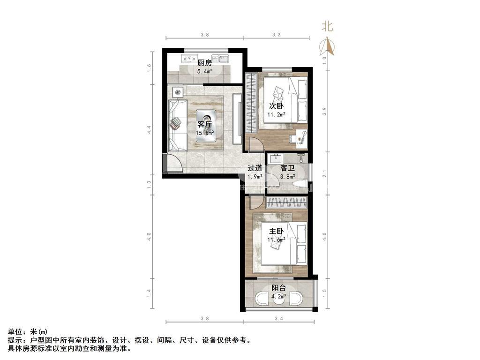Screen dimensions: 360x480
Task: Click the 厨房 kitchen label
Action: pyautogui.click(x=204, y=63)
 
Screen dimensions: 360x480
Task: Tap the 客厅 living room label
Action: pyautogui.click(x=204, y=124)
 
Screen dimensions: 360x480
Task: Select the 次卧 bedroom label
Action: pyautogui.click(x=276, y=106)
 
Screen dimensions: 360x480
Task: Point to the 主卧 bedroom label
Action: pyautogui.click(x=276, y=232)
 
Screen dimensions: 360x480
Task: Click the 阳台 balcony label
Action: pyautogui.click(x=279, y=288)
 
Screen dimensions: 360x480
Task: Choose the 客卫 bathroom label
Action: pyautogui.click(x=287, y=168)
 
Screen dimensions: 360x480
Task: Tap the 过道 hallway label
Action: pyautogui.click(x=255, y=168)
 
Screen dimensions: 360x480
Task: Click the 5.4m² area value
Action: pyautogui.click(x=204, y=71)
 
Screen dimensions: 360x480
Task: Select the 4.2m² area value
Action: pyautogui.click(x=279, y=296)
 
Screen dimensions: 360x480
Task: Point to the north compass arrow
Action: pyautogui.click(x=327, y=45)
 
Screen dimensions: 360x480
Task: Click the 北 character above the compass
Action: pyautogui.click(x=327, y=27)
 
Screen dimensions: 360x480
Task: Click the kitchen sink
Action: pyautogui.click(x=222, y=59)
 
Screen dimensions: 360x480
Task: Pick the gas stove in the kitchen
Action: pyautogui.click(x=189, y=59)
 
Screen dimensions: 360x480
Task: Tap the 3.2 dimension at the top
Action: pyautogui.click(x=276, y=35)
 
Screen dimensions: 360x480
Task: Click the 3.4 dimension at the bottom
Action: pyautogui.click(x=279, y=319)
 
